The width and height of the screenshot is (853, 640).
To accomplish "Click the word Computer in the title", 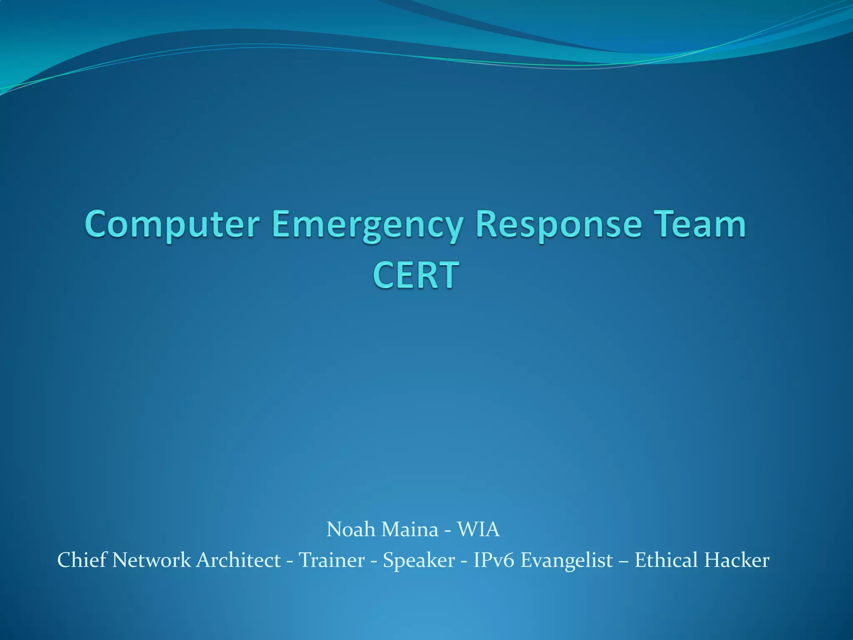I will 172,225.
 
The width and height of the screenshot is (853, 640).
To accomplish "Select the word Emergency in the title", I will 368,225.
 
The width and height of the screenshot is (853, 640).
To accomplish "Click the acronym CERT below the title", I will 416,275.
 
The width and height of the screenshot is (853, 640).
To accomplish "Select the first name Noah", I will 351,529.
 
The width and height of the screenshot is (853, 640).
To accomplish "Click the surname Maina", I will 410,529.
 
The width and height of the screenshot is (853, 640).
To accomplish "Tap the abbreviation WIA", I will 479,529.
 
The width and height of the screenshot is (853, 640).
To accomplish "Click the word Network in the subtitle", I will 152,560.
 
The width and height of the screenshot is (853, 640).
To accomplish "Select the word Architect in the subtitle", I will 238,560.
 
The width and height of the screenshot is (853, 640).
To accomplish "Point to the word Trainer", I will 332,560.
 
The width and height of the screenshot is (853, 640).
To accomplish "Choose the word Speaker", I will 419,560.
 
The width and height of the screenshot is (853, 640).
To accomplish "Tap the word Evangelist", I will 567,560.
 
